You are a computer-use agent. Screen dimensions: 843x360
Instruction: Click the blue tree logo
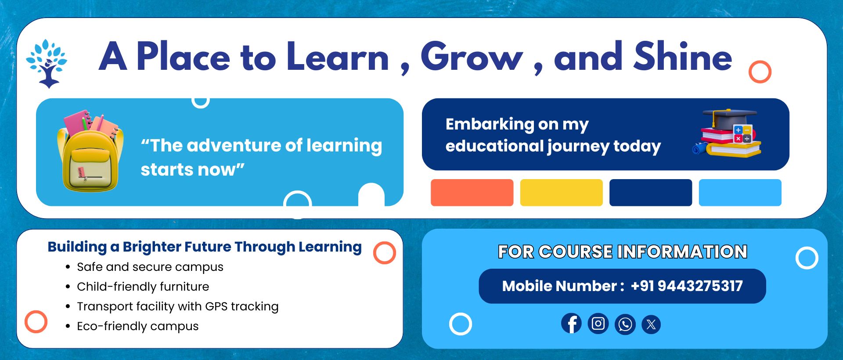point(47,63)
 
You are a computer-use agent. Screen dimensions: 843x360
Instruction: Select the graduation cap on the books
point(729,117)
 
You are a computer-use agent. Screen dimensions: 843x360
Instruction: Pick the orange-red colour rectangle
point(472,192)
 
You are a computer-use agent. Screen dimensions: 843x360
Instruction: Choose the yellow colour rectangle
point(561,192)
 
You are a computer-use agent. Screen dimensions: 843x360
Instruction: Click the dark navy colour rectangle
point(651,192)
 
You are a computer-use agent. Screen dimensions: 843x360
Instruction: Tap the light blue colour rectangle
point(740,192)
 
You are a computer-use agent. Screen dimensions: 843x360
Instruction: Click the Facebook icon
point(571,324)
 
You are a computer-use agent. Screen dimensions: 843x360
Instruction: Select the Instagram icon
point(598,324)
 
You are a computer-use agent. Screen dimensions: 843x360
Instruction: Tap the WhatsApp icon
point(625,325)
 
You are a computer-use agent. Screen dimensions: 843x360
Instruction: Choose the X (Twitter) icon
point(651,325)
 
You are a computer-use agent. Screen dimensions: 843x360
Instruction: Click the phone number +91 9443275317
point(687,286)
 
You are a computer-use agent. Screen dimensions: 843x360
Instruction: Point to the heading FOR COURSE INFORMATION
point(623,252)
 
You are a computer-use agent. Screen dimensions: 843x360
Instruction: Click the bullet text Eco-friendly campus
point(138,326)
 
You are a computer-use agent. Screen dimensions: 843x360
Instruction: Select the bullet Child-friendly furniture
point(143,287)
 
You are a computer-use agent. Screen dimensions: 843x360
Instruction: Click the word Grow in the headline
point(472,57)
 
